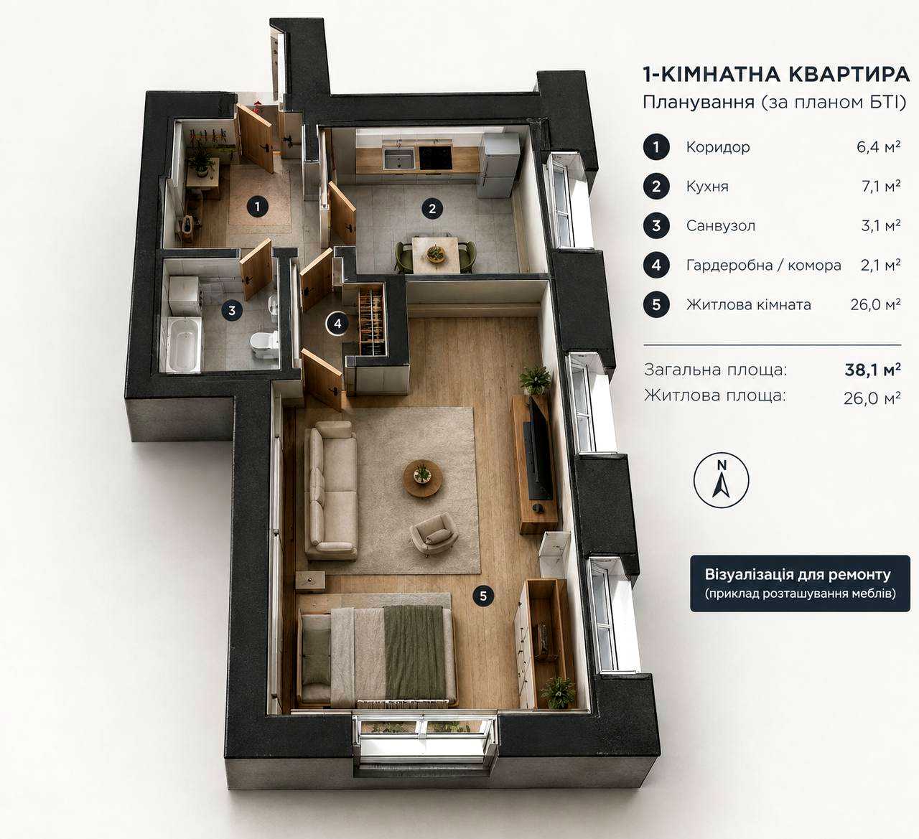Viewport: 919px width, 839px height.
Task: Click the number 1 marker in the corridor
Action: (258, 207)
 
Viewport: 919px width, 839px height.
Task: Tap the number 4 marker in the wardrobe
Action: (337, 324)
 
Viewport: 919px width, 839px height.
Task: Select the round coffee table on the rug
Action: (423, 479)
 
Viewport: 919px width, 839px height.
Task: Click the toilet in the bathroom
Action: (264, 344)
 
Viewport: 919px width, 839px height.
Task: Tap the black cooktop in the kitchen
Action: (436, 158)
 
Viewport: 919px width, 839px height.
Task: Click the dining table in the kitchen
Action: (435, 255)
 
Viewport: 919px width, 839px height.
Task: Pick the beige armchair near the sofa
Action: (434, 534)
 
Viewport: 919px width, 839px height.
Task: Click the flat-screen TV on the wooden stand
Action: (540, 449)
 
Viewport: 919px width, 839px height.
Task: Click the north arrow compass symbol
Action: (721, 480)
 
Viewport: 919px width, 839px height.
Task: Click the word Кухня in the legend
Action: (707, 187)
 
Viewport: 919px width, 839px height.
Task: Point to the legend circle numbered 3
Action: (656, 226)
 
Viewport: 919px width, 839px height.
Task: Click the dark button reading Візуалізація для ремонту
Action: (801, 583)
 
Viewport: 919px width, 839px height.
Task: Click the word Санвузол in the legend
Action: (721, 226)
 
